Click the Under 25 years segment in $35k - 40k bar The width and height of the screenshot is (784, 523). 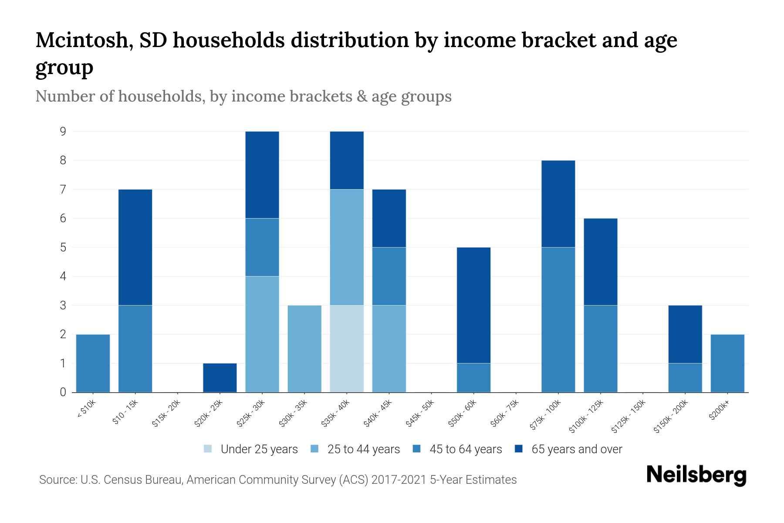[x=347, y=349]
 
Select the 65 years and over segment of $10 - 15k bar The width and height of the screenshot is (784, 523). [x=135, y=247]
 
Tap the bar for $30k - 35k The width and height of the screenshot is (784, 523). [x=304, y=349]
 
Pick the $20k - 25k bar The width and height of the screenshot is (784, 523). [x=220, y=378]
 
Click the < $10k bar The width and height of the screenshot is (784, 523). [x=93, y=363]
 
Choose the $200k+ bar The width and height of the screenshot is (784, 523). [x=727, y=363]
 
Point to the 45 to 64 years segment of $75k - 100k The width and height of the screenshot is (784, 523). [x=558, y=319]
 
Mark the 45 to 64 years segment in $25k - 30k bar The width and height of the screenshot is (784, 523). [x=262, y=247]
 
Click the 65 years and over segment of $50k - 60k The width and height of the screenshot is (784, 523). [x=473, y=305]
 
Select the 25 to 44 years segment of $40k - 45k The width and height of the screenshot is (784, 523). [x=389, y=349]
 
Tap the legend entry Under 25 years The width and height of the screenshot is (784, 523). [x=251, y=449]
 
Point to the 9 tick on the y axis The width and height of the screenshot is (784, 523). [x=63, y=131]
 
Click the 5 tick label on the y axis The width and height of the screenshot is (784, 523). [x=63, y=247]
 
